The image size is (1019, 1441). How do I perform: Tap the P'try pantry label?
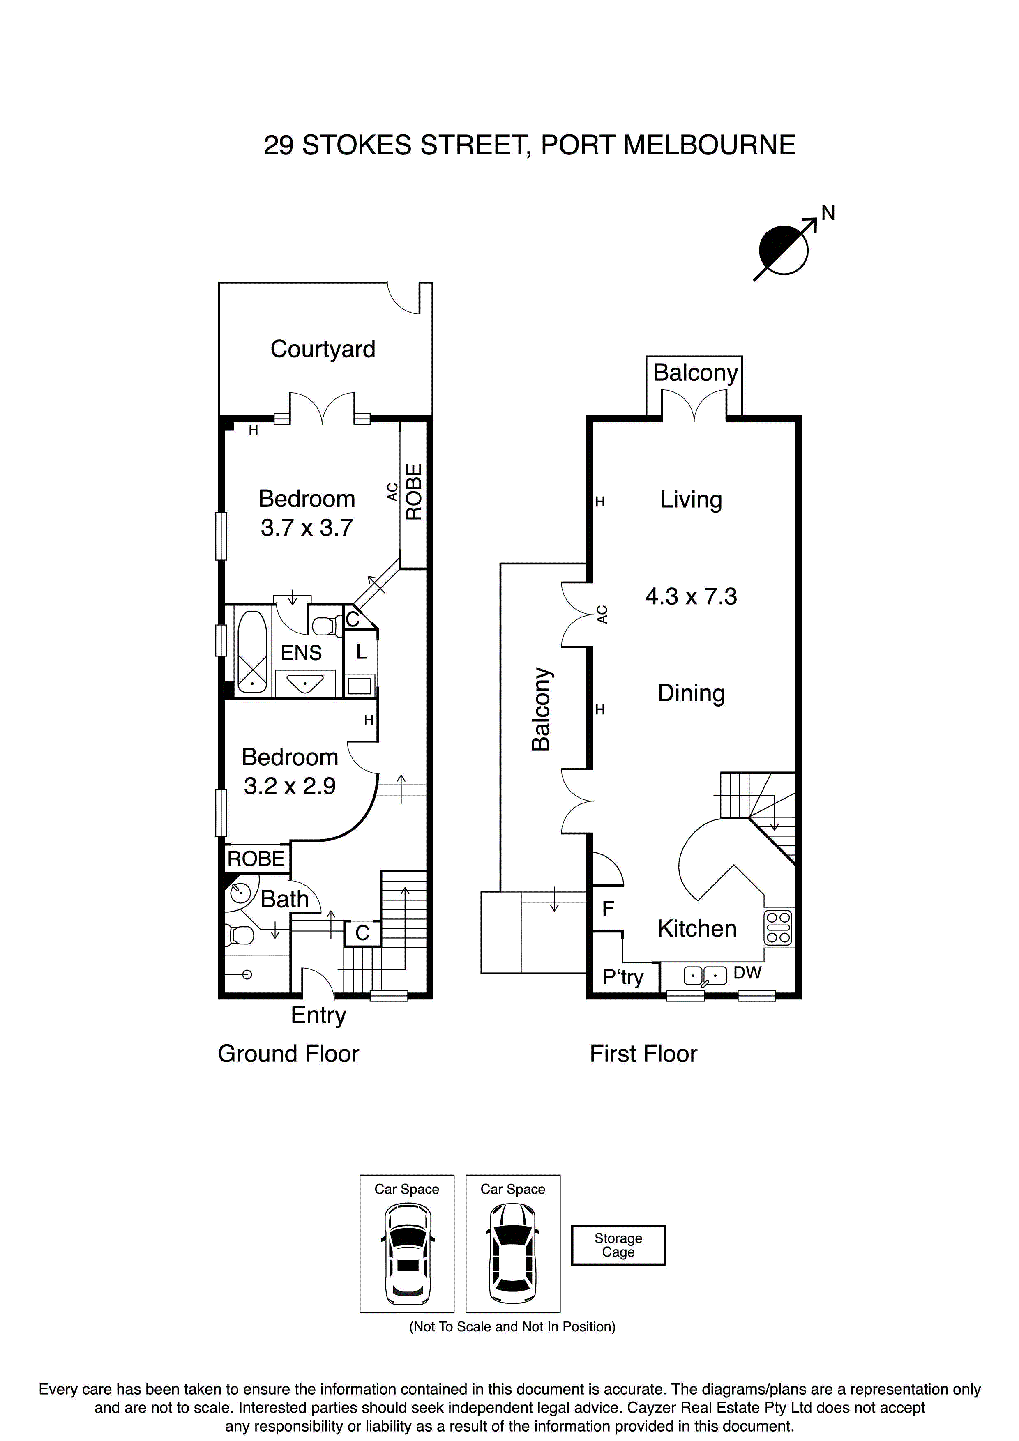coord(623,977)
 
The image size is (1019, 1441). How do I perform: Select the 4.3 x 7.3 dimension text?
coord(691,596)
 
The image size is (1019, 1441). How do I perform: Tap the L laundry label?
coord(361,652)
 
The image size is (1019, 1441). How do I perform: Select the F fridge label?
coord(608,908)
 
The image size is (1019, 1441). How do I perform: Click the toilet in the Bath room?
coord(242,936)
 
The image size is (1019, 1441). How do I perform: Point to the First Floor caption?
coord(643,1054)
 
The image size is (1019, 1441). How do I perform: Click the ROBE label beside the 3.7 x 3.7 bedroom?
coord(414,492)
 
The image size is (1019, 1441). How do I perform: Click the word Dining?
coord(691,693)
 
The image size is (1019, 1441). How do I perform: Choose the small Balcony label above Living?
coord(695,373)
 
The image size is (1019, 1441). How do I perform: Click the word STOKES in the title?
coord(357,145)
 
